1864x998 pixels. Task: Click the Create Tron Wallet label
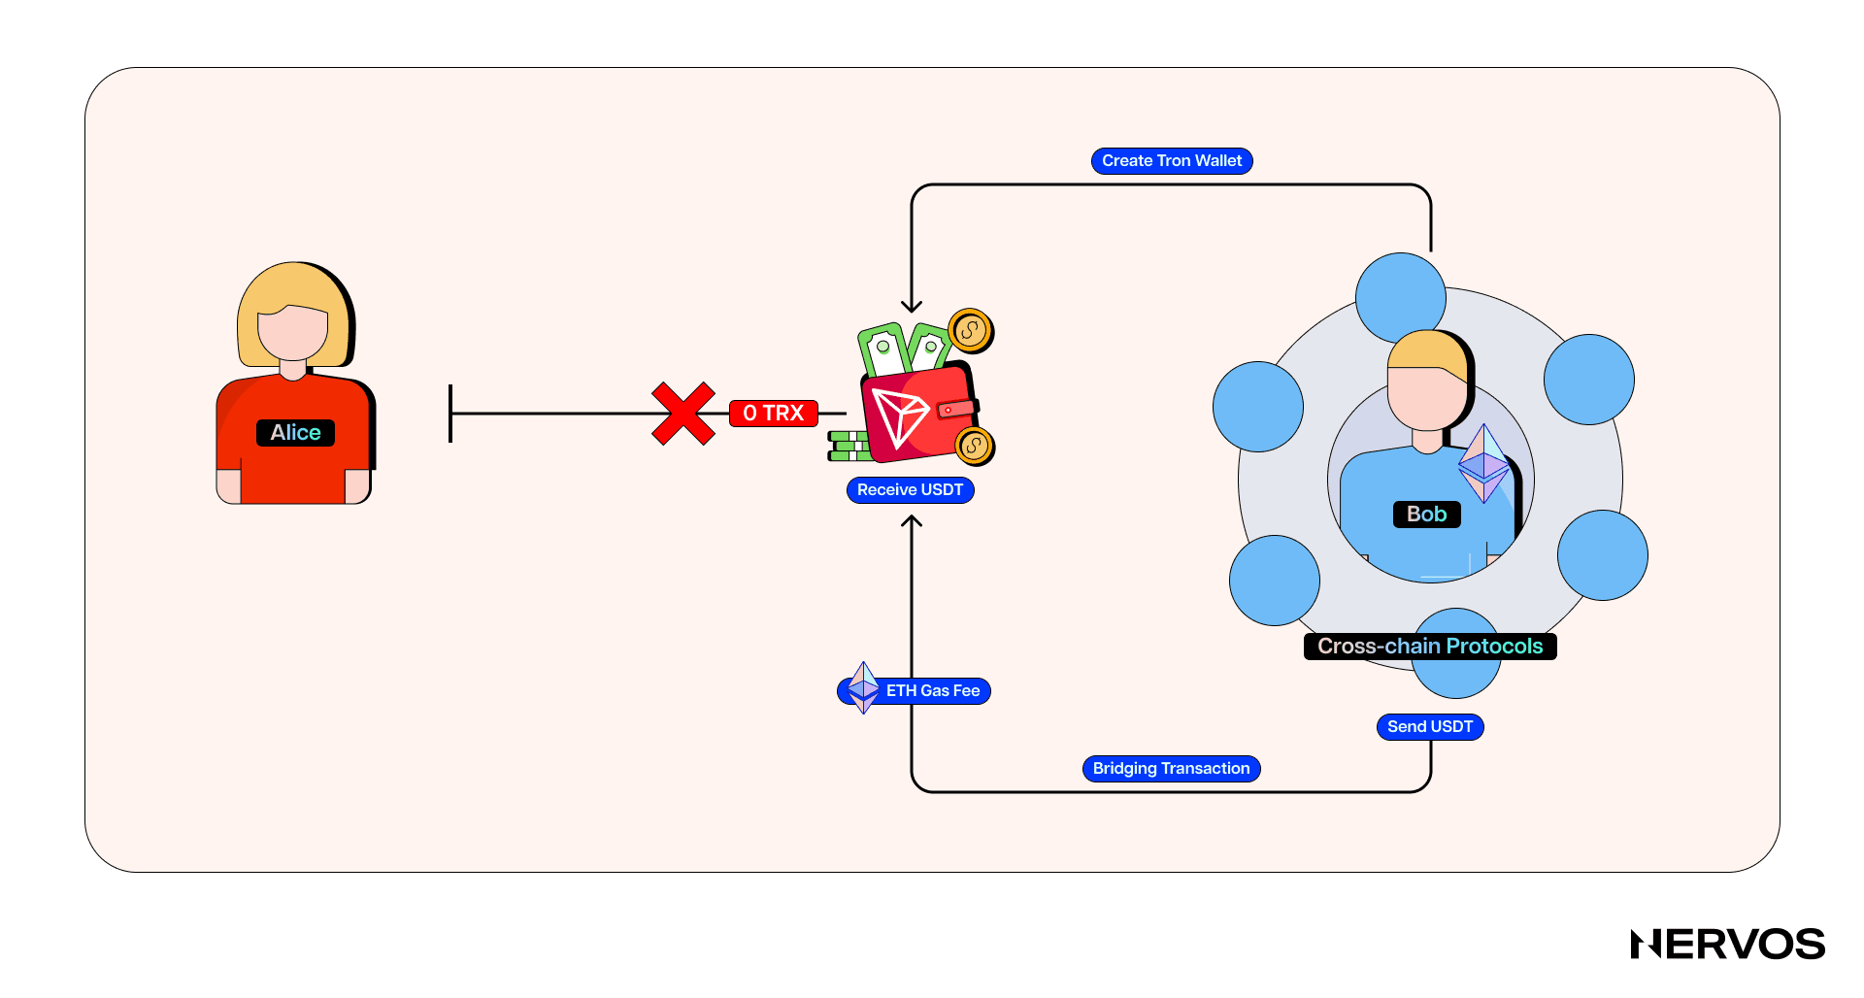(1172, 161)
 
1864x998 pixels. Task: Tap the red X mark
(683, 414)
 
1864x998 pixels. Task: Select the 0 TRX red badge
(774, 414)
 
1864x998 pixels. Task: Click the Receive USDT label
(910, 490)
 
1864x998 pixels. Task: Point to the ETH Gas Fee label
(932, 691)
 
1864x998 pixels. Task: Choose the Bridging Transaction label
(1171, 769)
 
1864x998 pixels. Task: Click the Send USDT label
(1429, 727)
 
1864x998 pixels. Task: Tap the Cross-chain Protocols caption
(1429, 647)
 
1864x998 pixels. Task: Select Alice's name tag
(295, 433)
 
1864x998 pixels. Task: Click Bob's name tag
(1426, 515)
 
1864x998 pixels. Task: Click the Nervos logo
(1727, 945)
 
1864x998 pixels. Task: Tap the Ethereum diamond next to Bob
(1483, 464)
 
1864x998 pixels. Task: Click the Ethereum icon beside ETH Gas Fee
(863, 688)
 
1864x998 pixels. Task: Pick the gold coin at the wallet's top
(970, 331)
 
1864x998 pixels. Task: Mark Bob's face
(1424, 398)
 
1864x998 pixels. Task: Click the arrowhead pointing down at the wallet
(912, 306)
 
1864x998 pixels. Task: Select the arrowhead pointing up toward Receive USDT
(912, 521)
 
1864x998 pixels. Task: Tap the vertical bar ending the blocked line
(450, 414)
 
